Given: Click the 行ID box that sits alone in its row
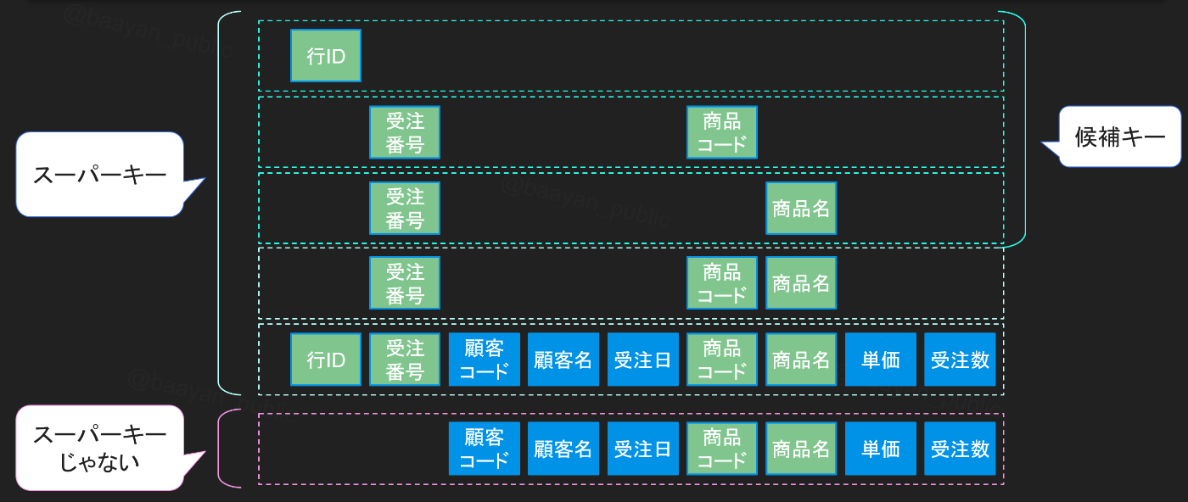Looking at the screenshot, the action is (326, 56).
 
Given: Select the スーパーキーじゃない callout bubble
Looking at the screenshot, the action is (99, 448).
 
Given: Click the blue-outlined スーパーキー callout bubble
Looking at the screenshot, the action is (99, 175).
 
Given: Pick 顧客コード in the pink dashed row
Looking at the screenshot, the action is (485, 449).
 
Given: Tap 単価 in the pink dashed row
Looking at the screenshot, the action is (880, 449).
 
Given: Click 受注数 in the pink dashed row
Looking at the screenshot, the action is (960, 449).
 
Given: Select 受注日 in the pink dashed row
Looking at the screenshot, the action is (642, 449).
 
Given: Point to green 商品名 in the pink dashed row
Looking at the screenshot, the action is (801, 449).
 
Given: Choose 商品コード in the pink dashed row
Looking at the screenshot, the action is (722, 449).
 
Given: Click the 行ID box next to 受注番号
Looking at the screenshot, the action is (326, 360).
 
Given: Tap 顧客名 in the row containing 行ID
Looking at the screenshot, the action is (563, 360).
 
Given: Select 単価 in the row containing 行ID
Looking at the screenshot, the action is (880, 360).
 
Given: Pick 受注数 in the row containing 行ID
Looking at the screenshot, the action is (960, 360).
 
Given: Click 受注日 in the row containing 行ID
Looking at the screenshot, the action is (642, 360).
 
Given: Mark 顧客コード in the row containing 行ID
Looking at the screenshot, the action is (485, 360).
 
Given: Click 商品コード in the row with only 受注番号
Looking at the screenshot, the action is (722, 132).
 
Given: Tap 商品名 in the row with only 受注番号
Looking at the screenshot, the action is (801, 208).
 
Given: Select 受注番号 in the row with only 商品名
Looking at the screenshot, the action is (405, 208).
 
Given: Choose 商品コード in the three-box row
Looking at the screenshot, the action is (722, 283).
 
